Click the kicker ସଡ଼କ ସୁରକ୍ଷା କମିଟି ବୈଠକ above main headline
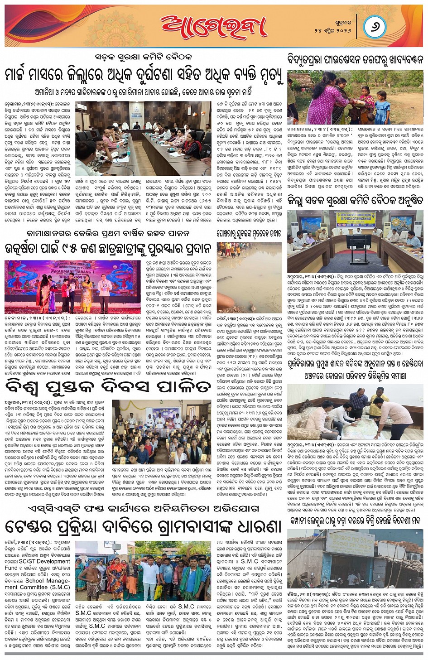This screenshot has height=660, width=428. [144, 57]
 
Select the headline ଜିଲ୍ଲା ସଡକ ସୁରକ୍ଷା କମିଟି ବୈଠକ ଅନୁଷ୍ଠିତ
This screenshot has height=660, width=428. [355, 200]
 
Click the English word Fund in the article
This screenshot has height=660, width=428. [11, 568]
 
